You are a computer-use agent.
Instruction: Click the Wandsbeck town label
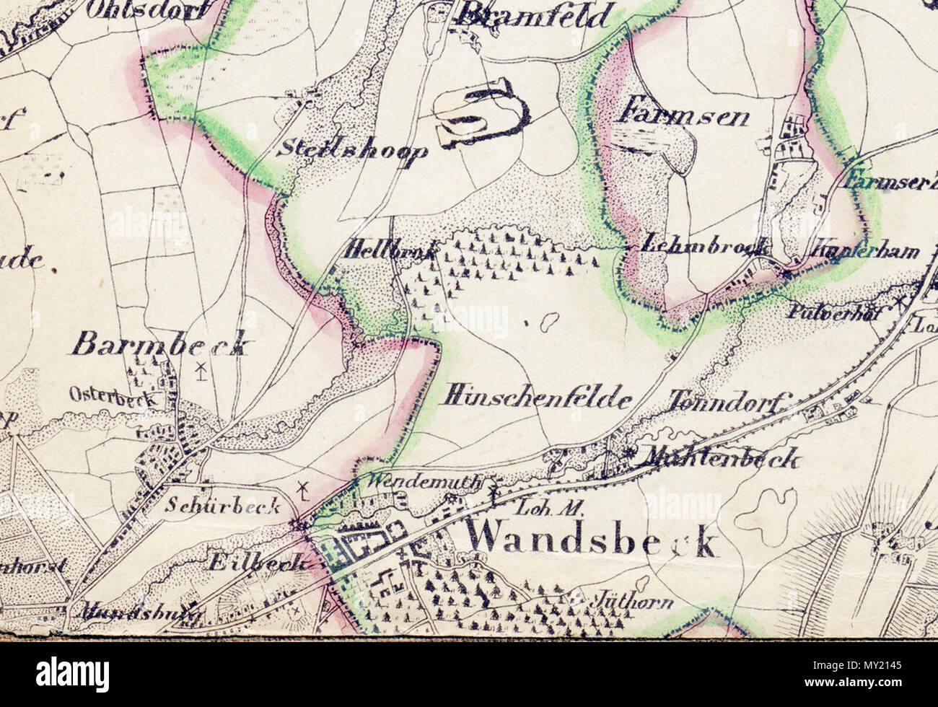592,538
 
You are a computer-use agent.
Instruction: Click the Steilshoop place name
353,149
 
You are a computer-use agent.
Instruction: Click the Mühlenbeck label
722,457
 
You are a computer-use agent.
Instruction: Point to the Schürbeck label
222,505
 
